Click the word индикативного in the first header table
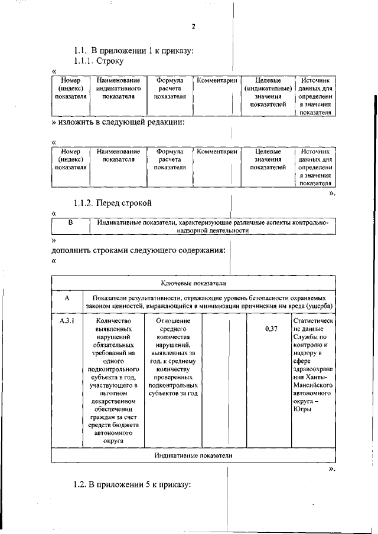pos(118,88)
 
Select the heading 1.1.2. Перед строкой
pos(113,204)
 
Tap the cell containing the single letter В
pos(70,222)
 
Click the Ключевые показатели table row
pos(193,284)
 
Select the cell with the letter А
pos(66,299)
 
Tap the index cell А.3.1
pos(66,321)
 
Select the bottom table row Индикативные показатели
pos(193,456)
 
